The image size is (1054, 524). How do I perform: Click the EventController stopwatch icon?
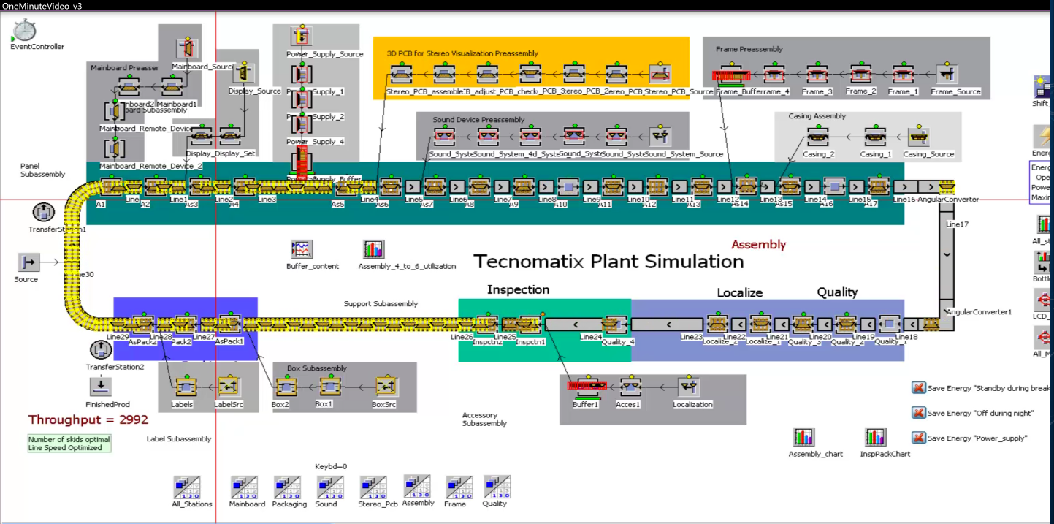tap(24, 30)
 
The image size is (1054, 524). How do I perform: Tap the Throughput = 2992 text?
tap(88, 419)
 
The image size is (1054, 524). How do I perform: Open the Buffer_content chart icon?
tap(301, 250)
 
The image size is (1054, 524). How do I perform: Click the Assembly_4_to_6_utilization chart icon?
tap(373, 250)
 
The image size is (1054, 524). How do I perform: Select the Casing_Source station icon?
tap(917, 137)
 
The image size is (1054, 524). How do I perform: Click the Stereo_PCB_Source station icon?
tap(660, 75)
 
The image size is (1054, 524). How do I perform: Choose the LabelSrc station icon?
tap(229, 386)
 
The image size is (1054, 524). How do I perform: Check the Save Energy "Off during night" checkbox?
tap(919, 413)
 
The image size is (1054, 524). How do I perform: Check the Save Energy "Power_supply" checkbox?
tap(919, 438)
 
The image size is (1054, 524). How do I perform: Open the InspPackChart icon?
tap(876, 438)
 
